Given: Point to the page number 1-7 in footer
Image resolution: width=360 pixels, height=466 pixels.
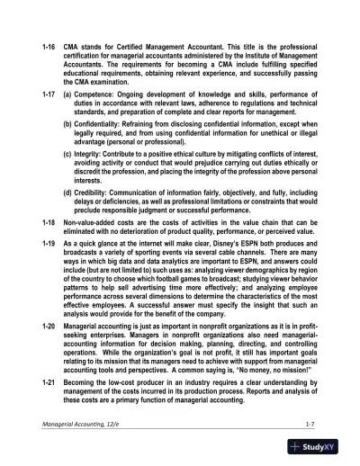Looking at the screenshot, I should (310, 421).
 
